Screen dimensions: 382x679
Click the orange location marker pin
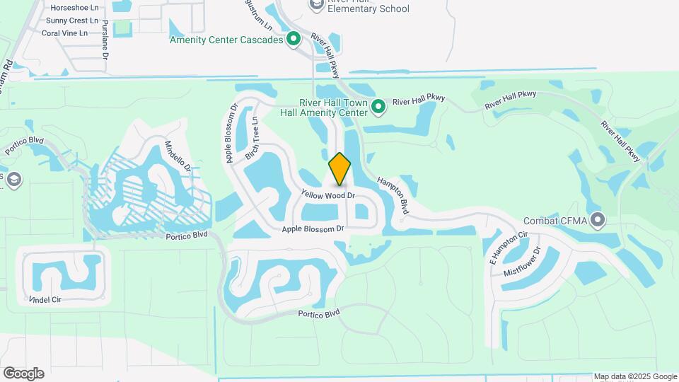pos(340,168)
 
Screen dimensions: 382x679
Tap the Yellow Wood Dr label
pos(327,195)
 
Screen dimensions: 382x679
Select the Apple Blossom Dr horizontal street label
pos(313,228)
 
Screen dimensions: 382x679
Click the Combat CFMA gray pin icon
pos(598,221)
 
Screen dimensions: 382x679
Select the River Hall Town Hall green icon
pos(378,107)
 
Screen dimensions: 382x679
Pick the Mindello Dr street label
pos(178,156)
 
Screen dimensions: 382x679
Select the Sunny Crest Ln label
pos(66,21)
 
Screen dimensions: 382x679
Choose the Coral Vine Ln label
pos(64,33)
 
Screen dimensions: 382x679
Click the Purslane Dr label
pos(105,38)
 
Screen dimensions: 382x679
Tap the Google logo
pos(23,374)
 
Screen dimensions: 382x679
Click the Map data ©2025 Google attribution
pos(635,376)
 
